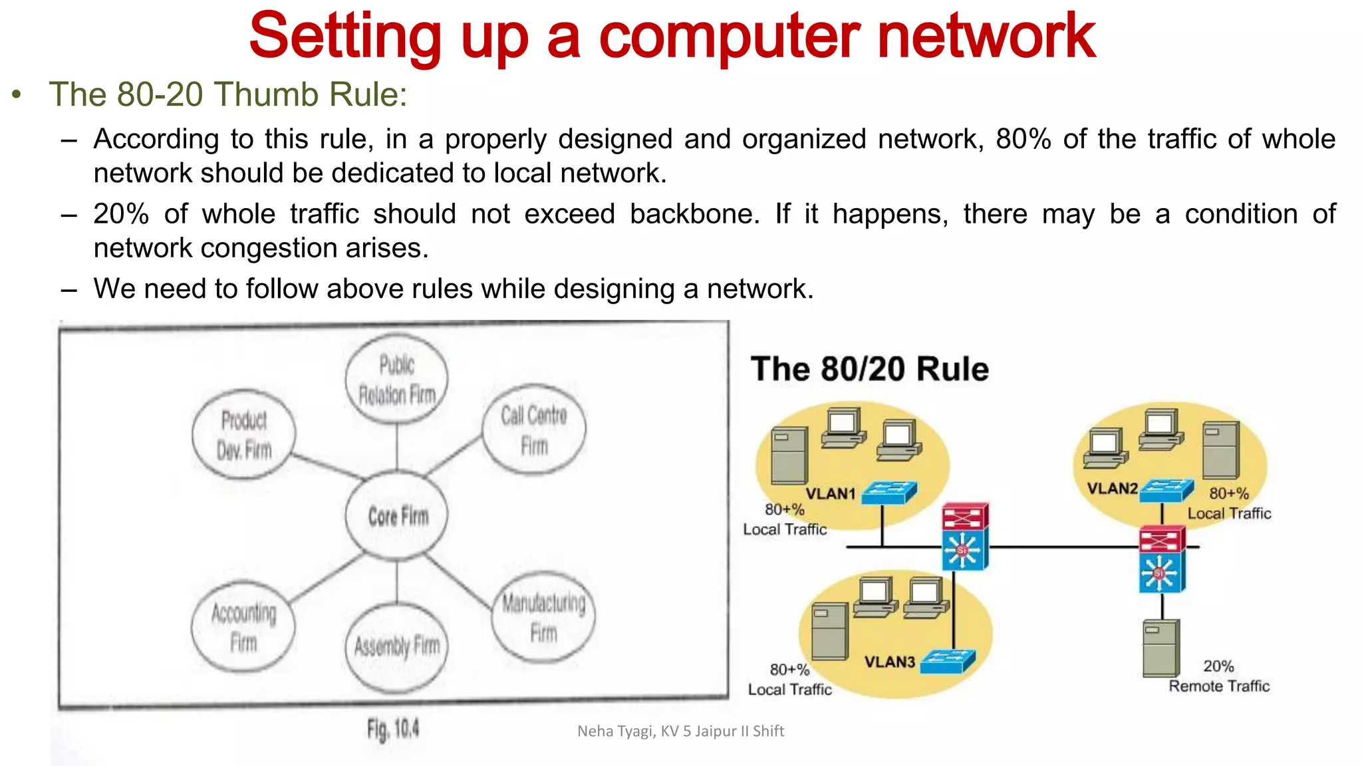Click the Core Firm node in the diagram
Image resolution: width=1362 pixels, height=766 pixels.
[x=397, y=515]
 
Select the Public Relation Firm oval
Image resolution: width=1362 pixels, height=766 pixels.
[x=397, y=379]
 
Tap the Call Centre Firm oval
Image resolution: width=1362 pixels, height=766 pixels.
[x=534, y=429]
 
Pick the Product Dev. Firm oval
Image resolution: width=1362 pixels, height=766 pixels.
[x=244, y=434]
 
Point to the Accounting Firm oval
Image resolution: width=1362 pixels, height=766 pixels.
[x=243, y=626]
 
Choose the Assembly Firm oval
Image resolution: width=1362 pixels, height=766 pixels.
[x=397, y=646]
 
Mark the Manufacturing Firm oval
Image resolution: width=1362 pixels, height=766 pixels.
[x=543, y=617]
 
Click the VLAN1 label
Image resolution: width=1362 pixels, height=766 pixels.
[x=830, y=493]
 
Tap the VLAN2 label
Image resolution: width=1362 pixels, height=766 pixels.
[x=1112, y=489]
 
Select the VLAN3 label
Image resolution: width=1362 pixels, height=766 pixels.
[x=890, y=662]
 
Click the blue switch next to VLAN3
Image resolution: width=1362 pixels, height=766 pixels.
[x=947, y=661]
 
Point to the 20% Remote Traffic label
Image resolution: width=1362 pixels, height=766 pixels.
[x=1219, y=676]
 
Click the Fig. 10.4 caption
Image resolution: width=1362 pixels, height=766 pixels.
[x=393, y=730]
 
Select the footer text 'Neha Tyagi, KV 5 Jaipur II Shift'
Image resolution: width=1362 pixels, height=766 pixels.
[x=680, y=731]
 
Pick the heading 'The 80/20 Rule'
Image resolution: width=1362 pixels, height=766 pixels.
[x=869, y=369]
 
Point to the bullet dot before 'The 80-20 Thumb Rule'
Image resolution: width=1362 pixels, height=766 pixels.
[x=17, y=94]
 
